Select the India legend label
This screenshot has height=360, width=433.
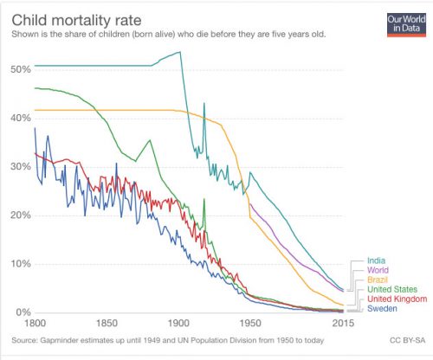(x=376, y=260)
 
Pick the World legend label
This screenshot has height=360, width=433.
(x=378, y=270)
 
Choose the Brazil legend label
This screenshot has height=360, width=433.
(x=378, y=280)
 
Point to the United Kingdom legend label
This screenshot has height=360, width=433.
(x=397, y=299)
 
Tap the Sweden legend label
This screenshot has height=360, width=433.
(x=383, y=308)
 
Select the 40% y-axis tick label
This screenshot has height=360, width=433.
(x=20, y=117)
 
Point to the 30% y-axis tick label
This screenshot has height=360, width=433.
(x=20, y=166)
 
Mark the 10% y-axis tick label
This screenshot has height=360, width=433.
(x=20, y=264)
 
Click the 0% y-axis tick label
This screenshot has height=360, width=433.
(x=23, y=312)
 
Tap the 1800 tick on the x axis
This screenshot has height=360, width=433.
(x=36, y=324)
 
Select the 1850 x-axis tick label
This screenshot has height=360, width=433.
(x=107, y=324)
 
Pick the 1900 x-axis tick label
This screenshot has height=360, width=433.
(x=179, y=324)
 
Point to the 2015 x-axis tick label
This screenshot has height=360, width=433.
(x=345, y=324)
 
